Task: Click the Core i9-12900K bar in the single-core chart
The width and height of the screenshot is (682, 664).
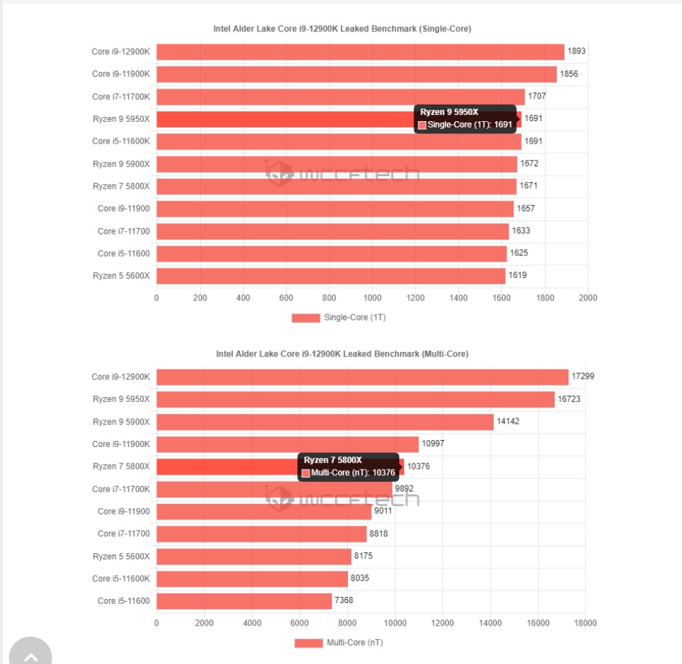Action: pos(360,52)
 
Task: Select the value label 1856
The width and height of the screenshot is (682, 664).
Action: pos(570,73)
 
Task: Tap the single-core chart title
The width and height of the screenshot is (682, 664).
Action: pos(342,29)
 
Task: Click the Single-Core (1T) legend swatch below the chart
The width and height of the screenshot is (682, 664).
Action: pos(305,318)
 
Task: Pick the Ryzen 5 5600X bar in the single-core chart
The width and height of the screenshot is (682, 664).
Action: pos(331,276)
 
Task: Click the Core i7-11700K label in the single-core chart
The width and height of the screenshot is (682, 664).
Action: pos(121,97)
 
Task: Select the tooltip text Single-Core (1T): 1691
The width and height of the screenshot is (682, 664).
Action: pos(470,125)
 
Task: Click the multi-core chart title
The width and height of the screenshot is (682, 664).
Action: pos(342,354)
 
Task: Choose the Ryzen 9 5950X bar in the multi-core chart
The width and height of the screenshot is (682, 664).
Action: pos(355,399)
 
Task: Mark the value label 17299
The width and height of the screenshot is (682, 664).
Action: pos(582,376)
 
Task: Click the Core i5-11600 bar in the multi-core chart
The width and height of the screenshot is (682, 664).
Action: pos(244,601)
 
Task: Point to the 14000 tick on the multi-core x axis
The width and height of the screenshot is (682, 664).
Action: pos(490,623)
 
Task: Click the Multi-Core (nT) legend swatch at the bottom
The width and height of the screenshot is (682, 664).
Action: pos(308,643)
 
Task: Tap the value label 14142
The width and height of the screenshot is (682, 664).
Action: pos(508,421)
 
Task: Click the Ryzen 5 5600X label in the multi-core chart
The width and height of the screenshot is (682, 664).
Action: pos(121,557)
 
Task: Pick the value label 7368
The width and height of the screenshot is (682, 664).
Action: pos(344,600)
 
